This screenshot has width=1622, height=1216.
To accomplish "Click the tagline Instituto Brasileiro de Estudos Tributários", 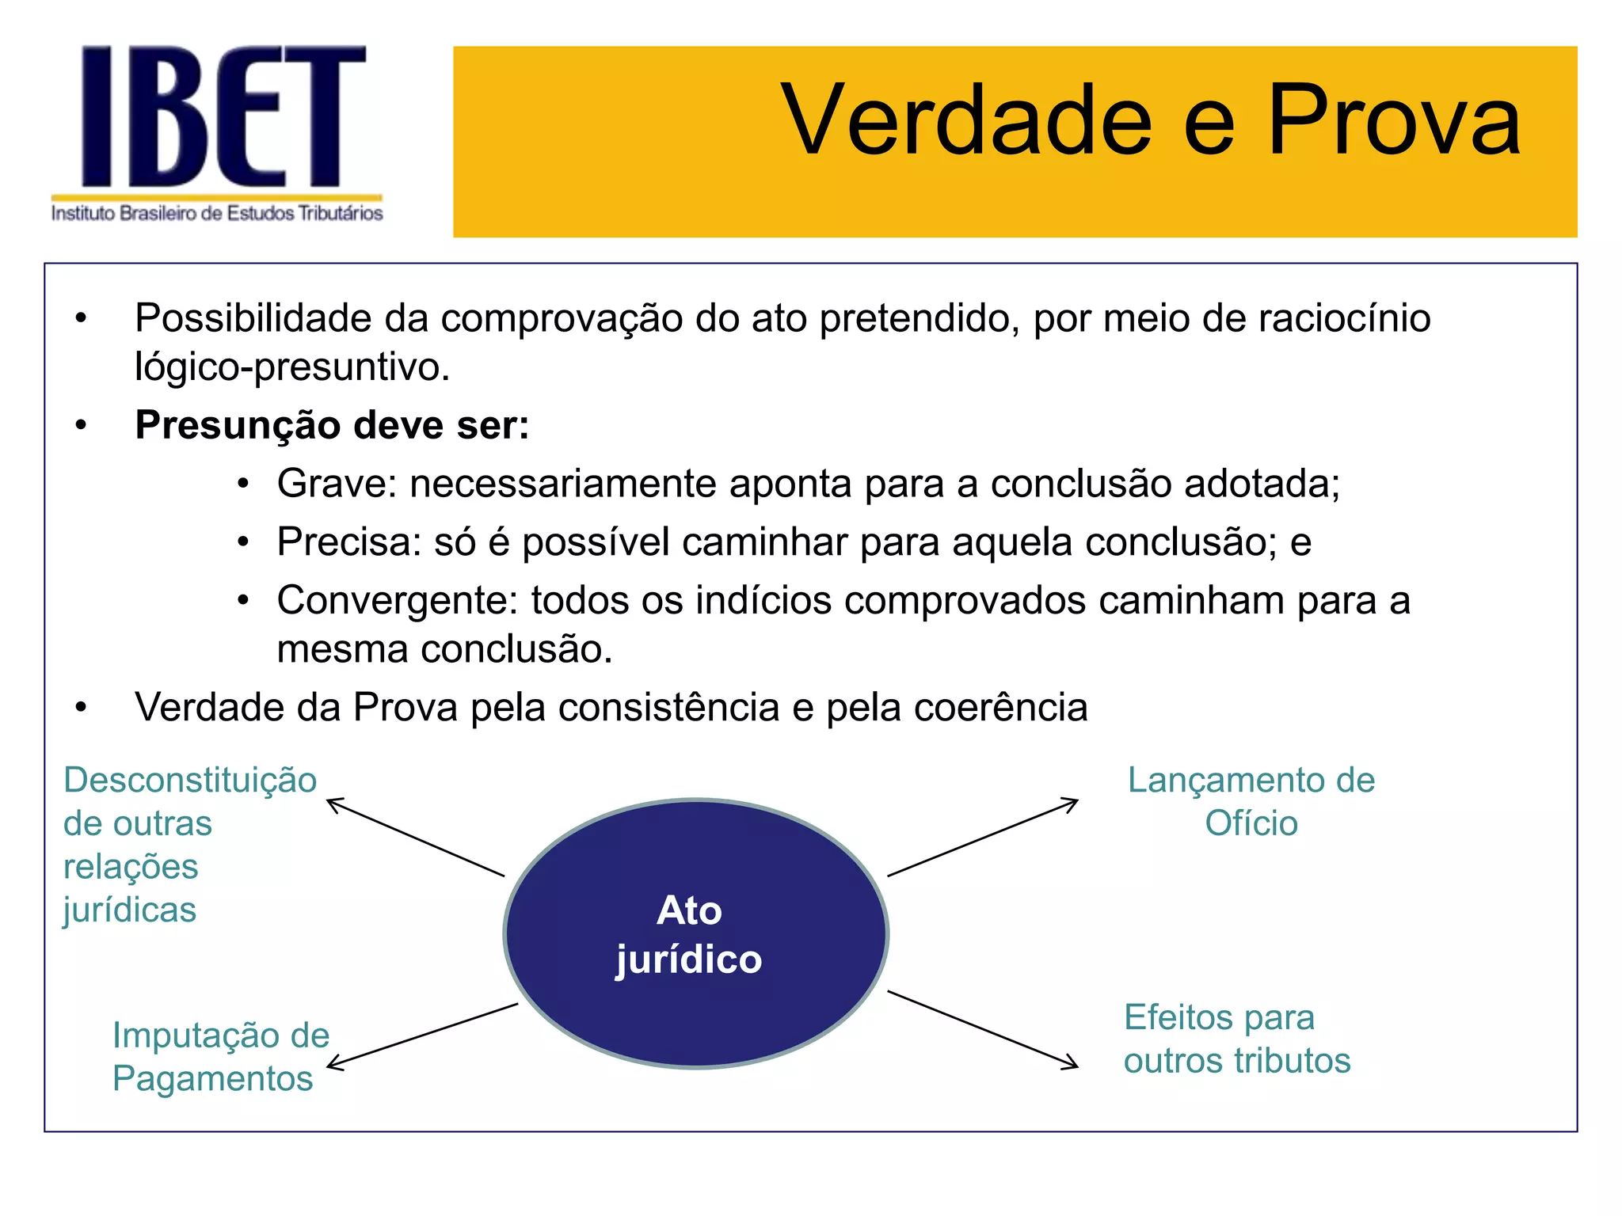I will [x=217, y=214].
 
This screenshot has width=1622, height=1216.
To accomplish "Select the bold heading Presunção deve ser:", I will [x=332, y=425].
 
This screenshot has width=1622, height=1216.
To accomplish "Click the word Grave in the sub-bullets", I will [x=336, y=484].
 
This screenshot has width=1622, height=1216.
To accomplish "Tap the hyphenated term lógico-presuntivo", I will [x=291, y=367].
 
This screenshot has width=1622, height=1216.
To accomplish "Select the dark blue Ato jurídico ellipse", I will [x=695, y=934].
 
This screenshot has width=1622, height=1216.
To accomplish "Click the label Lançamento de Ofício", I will [x=1251, y=801].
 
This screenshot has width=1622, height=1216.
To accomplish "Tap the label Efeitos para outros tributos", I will [x=1236, y=1039].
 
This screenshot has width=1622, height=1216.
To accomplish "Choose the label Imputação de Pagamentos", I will [x=220, y=1057].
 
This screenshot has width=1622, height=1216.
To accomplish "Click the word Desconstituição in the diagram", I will [x=190, y=781].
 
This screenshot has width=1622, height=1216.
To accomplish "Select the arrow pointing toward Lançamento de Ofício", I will [x=983, y=838].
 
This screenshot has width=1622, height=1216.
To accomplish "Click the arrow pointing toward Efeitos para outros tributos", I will [x=983, y=1029].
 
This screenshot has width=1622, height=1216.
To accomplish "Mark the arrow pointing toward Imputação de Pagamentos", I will [x=422, y=1036].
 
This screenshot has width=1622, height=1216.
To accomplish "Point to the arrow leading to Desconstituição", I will [x=416, y=838].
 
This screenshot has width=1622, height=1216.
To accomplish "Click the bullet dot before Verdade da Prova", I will [x=81, y=708].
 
